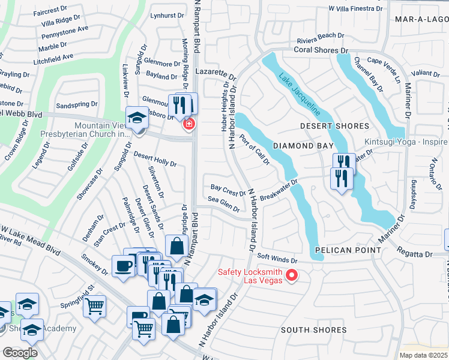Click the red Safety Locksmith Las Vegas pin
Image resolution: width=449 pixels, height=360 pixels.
[x=292, y=275]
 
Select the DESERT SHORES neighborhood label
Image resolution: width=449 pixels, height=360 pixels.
[x=334, y=126]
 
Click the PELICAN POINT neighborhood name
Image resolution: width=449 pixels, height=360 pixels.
[x=348, y=250]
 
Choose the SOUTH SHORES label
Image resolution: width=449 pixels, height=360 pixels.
[x=313, y=330]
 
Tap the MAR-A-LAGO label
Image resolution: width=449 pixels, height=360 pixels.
[x=421, y=20]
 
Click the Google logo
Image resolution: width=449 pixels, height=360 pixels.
[x=20, y=353]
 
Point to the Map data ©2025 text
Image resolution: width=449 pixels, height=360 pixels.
[x=423, y=355]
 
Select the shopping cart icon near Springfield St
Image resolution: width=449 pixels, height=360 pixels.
[x=94, y=306]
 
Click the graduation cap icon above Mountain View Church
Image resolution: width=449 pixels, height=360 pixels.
[x=137, y=116]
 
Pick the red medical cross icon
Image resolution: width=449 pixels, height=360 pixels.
[x=188, y=124]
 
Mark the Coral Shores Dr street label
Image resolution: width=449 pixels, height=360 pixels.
[x=321, y=50]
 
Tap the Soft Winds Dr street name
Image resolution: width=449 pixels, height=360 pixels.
[x=277, y=260]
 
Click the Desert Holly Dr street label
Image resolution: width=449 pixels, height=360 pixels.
[x=155, y=159]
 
